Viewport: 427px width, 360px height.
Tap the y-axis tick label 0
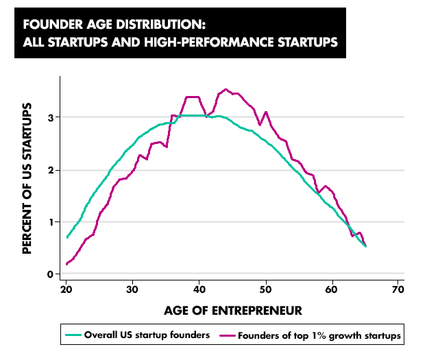pos(50,274)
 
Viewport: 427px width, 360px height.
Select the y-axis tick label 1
pos(50,222)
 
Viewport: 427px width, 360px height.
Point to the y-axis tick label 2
pos(50,170)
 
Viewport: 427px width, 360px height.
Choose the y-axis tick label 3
pos(50,117)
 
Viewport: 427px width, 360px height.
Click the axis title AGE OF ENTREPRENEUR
pos(233,311)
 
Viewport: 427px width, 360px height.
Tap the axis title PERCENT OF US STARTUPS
pos(27,178)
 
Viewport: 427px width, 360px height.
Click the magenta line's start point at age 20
pos(66,264)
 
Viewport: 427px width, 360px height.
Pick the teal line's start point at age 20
pos(66,237)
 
